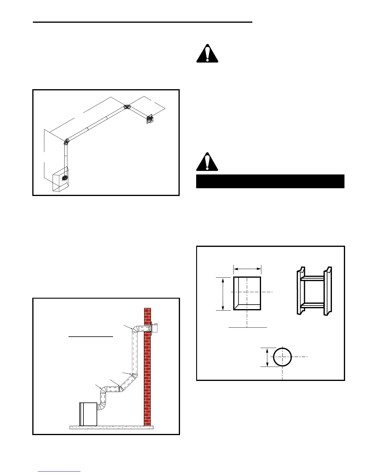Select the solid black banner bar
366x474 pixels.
coord(270,181)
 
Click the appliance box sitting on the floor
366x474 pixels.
coord(88,414)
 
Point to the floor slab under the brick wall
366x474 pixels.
coord(111,427)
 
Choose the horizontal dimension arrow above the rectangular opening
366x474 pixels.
coord(247,269)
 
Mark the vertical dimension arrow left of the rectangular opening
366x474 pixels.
coord(223,294)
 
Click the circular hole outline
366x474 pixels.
coord(282,357)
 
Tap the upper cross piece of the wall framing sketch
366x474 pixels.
coord(312,278)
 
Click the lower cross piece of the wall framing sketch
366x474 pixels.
coord(312,306)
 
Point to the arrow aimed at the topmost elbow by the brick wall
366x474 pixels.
coord(128,327)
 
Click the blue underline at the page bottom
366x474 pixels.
coord(59,472)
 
